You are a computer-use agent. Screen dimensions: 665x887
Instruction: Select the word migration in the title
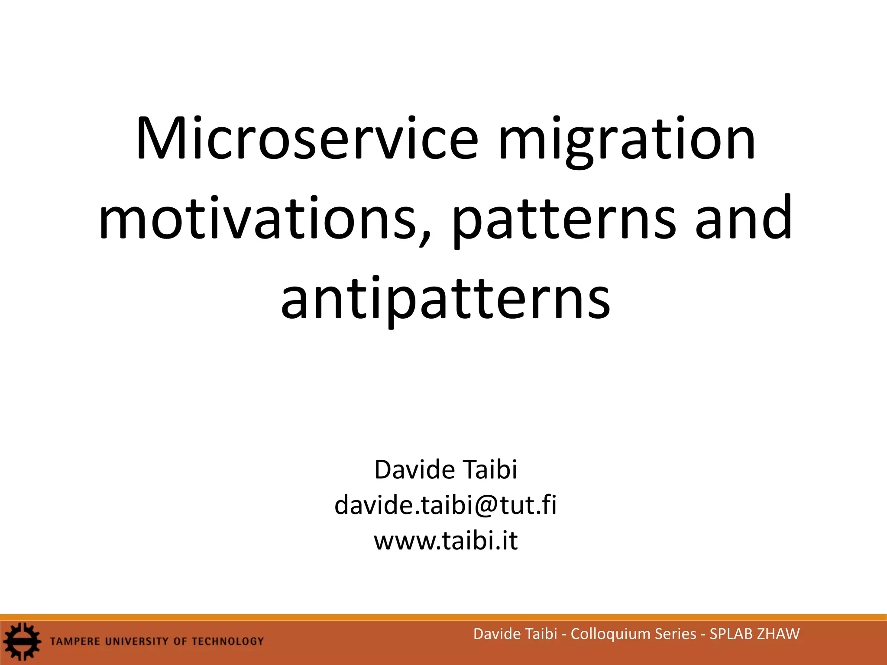point(627,141)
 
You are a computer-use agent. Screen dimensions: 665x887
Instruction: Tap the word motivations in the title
point(257,219)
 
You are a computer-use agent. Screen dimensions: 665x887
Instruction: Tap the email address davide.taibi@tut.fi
point(445,505)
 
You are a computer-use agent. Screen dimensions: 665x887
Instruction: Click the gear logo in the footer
point(22,641)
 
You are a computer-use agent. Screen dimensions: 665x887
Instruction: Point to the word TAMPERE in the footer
point(75,641)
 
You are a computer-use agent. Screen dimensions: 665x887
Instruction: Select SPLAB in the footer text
point(731,634)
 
